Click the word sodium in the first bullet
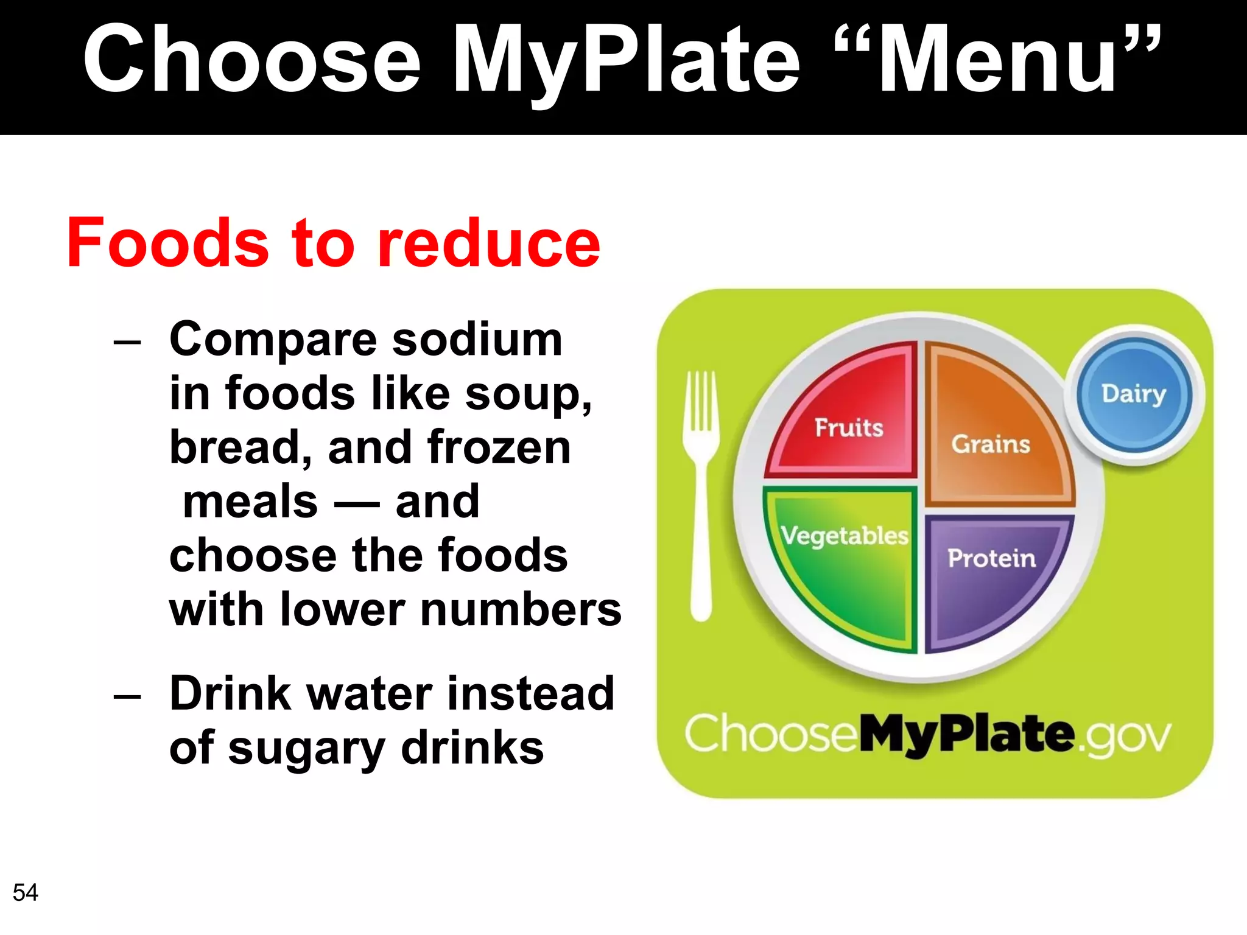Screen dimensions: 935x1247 (x=477, y=339)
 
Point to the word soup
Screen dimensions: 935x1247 (x=527, y=394)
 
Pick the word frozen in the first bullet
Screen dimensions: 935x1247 (x=499, y=447)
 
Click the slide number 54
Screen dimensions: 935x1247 (x=25, y=892)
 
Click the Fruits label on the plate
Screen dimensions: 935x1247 (x=849, y=428)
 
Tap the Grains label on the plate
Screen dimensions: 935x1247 (x=991, y=444)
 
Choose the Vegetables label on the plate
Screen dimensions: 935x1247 (x=845, y=536)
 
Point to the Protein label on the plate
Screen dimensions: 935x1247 (x=991, y=558)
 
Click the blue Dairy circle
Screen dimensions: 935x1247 (x=1134, y=394)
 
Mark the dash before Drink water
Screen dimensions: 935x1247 (x=127, y=695)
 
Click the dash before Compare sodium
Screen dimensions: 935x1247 (x=127, y=341)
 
